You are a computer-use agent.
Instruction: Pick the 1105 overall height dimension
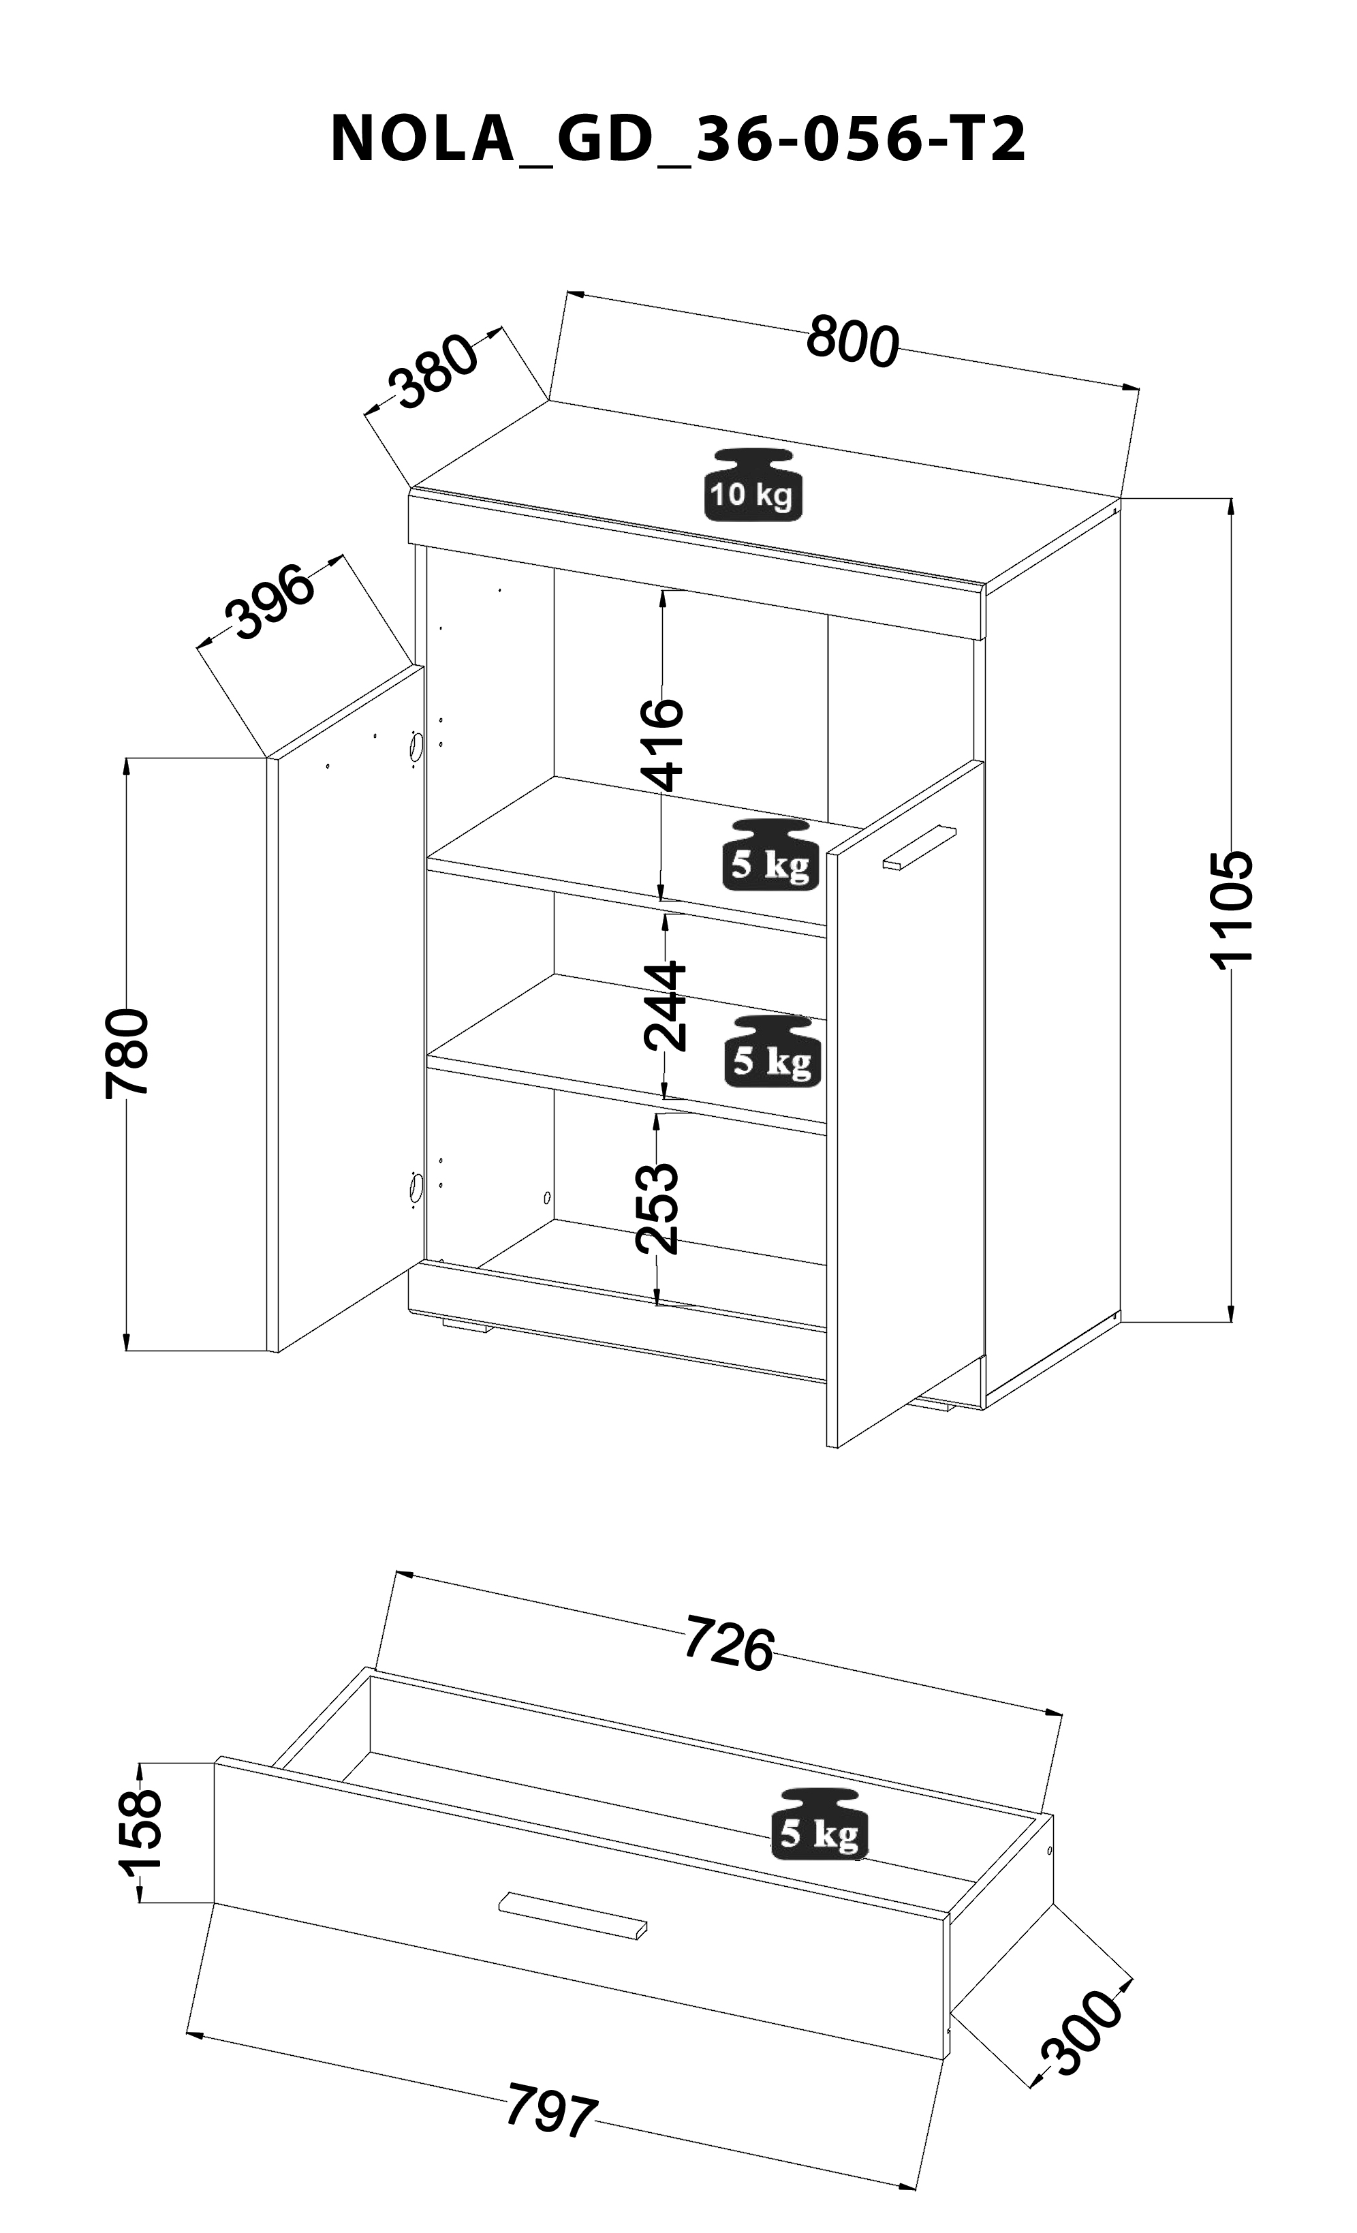[1232, 909]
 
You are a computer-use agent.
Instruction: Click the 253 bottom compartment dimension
[656, 1208]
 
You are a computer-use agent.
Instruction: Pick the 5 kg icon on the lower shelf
[772, 1051]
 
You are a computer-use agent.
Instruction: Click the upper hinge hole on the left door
[416, 749]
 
